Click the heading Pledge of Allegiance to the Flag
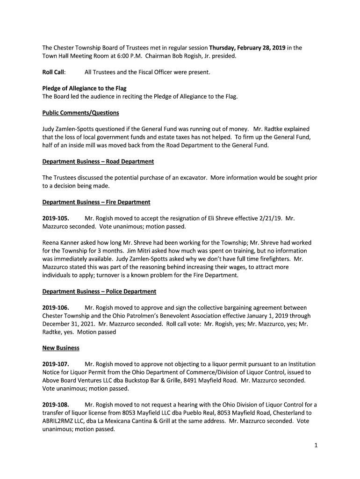[84, 88]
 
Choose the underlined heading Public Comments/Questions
[80, 113]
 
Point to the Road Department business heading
[98, 161]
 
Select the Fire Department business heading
[96, 202]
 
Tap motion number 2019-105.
[56, 218]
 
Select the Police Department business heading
[99, 291]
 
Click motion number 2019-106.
[56, 308]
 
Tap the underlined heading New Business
[61, 348]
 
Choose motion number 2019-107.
[56, 364]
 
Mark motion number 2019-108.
[56, 405]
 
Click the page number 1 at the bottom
[316, 445]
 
